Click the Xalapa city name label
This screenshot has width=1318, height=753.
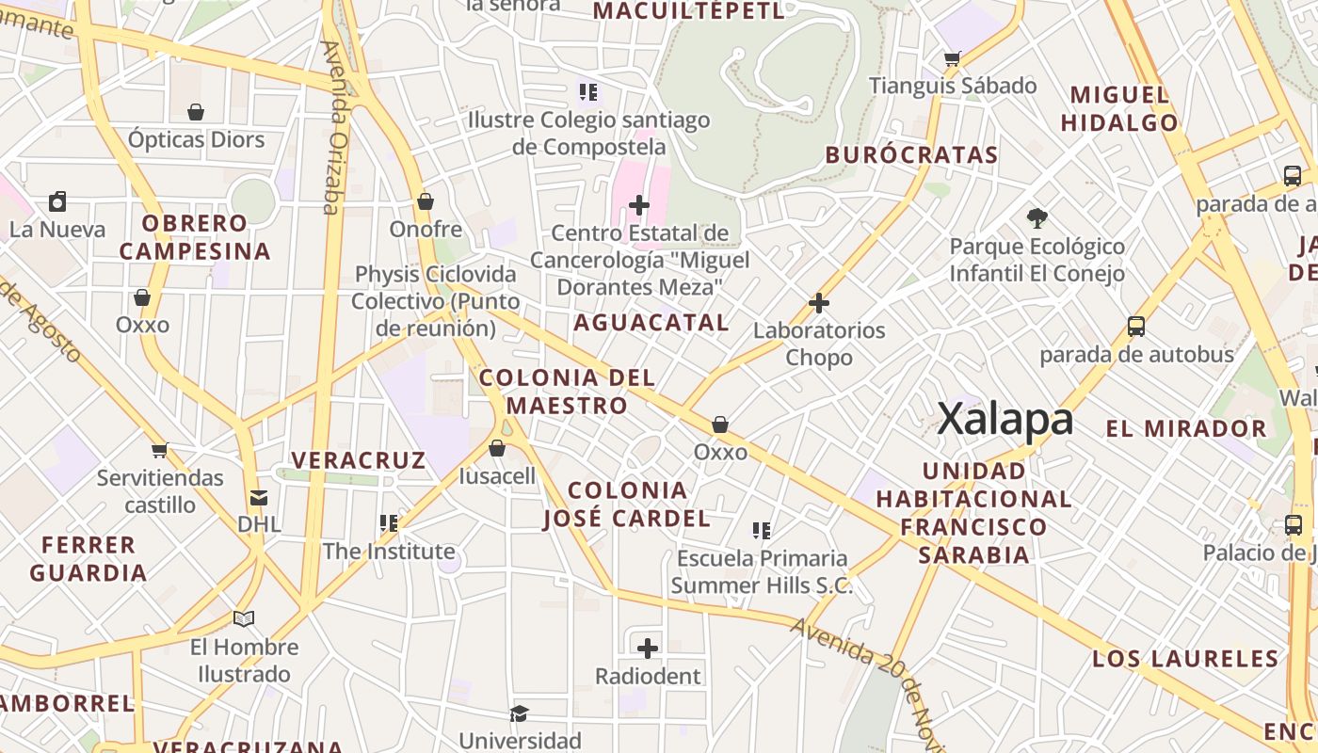(x=1005, y=419)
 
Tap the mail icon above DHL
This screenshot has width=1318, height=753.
(x=259, y=498)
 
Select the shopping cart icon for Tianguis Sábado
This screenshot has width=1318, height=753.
(x=953, y=58)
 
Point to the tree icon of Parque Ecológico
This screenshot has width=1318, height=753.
(x=1037, y=218)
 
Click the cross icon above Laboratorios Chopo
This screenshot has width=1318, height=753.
(x=819, y=303)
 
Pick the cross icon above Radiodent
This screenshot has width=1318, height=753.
(x=648, y=648)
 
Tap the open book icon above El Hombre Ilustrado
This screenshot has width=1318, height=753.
(x=244, y=618)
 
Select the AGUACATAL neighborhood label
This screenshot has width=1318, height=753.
(x=651, y=323)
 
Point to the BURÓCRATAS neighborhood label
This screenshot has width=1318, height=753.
(x=911, y=155)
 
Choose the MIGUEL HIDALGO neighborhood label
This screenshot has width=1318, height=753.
(x=1119, y=108)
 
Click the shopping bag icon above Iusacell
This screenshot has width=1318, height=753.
(x=497, y=448)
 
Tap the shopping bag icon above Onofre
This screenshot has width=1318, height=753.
(x=426, y=201)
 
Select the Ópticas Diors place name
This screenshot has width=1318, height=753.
(x=196, y=140)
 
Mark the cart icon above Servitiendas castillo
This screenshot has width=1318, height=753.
(x=160, y=450)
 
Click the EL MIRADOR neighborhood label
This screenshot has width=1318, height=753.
(x=1186, y=429)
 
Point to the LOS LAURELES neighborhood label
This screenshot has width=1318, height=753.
(x=1185, y=659)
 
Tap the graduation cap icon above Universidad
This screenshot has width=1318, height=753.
(x=519, y=713)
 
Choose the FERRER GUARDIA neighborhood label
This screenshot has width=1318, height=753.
(x=88, y=558)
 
